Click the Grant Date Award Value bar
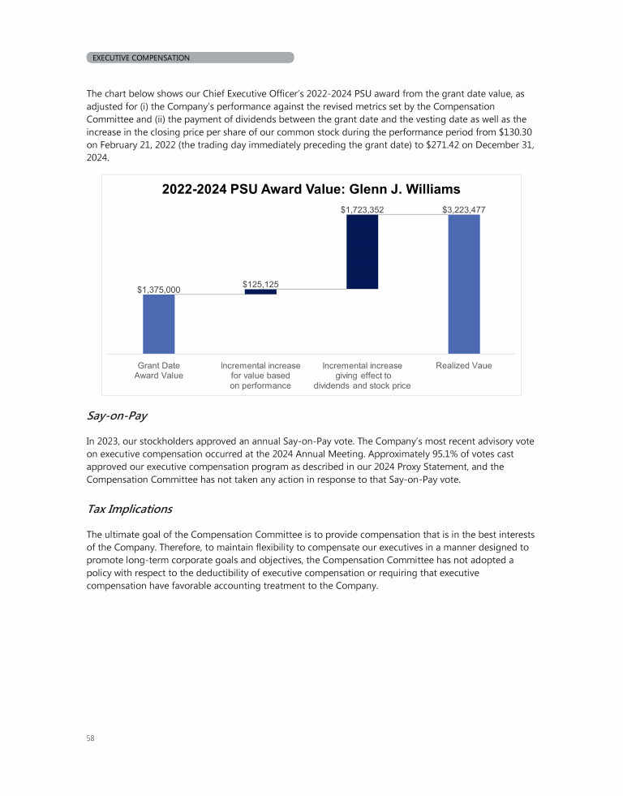159,324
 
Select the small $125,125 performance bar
260,291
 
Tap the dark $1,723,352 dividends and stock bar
362,251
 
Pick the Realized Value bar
464,284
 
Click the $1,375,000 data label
159,289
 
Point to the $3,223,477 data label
464,209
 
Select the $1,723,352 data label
362,209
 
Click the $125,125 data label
260,284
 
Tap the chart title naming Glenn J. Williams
311,189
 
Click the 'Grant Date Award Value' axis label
159,371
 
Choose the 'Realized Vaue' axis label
464,366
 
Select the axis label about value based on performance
260,376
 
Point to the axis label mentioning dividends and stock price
362,376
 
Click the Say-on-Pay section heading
113,416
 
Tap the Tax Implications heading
129,509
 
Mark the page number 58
90,738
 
